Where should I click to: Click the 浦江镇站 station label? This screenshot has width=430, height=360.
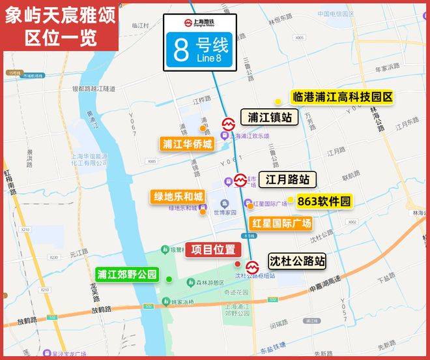click(269, 117)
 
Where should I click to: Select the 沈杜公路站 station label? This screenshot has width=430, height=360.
click(296, 261)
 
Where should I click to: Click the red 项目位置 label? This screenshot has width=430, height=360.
click(213, 249)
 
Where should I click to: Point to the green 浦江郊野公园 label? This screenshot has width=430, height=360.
click(127, 275)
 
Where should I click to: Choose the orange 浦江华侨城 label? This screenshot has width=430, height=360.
click(188, 144)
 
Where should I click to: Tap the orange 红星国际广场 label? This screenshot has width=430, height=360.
click(281, 223)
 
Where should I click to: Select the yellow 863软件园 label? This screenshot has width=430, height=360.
click(324, 202)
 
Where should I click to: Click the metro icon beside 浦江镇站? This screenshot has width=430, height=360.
click(229, 123)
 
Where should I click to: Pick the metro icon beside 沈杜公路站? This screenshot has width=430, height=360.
click(251, 266)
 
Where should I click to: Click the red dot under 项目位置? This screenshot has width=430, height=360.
click(237, 263)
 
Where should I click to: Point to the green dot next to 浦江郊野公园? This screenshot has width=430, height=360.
click(169, 279)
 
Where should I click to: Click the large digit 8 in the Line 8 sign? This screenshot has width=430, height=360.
click(180, 52)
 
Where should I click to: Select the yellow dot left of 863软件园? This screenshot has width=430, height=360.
click(291, 200)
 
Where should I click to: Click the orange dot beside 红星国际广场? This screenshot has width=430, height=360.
click(250, 206)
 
